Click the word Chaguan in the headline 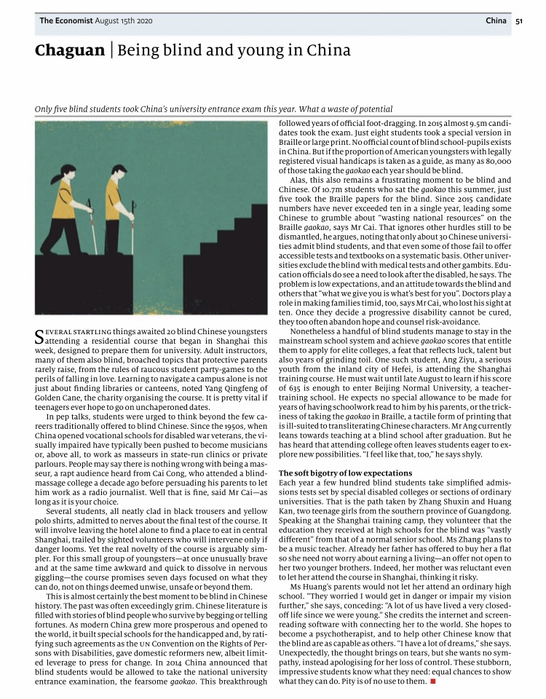tap(69, 51)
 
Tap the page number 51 tap(519, 21)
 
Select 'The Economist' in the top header tap(66, 21)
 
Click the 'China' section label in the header tap(496, 21)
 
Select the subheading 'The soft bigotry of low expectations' tap(346, 473)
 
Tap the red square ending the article tap(432, 682)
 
